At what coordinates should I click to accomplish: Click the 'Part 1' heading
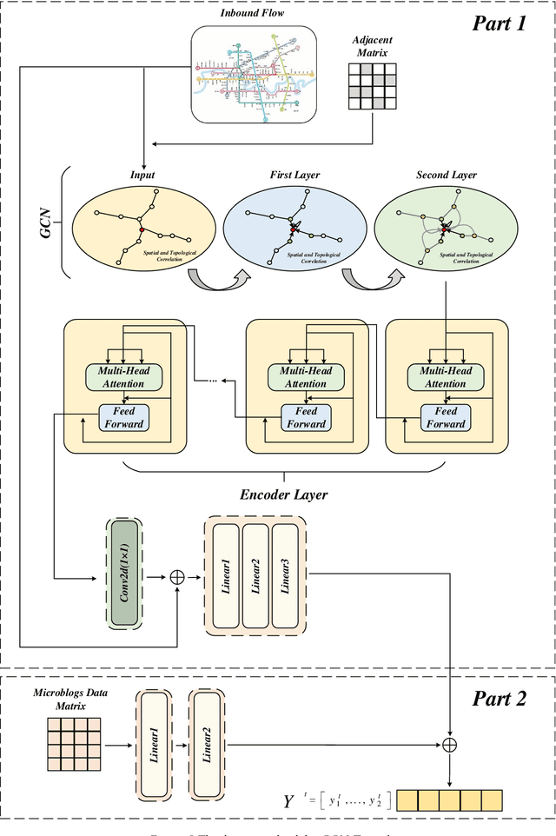click(x=499, y=23)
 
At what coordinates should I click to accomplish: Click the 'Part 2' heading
click(x=499, y=699)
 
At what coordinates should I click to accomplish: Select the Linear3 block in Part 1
click(x=287, y=574)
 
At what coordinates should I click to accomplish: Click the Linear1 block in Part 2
click(x=154, y=744)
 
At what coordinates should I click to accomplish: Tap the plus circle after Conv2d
click(x=178, y=575)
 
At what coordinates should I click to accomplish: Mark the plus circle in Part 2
click(x=450, y=744)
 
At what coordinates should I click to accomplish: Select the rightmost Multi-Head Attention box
click(x=446, y=377)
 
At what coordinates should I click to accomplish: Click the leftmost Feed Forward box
click(x=124, y=417)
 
